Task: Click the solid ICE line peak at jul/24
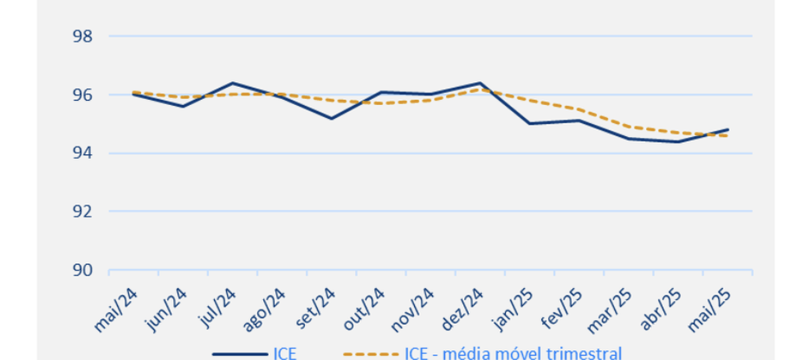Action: pos(232,83)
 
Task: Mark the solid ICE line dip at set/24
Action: pos(331,118)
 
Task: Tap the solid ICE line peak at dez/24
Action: pos(480,83)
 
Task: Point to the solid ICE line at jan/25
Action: pos(530,124)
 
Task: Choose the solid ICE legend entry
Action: pos(255,353)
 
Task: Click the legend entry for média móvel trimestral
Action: pos(484,353)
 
